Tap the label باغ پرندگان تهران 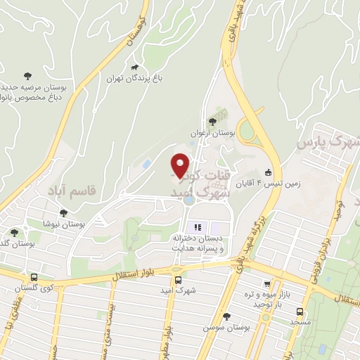point(135,79)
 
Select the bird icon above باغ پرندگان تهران point(134,67)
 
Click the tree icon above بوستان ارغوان point(213,121)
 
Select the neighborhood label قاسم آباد point(70,190)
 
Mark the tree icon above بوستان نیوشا point(63,213)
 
